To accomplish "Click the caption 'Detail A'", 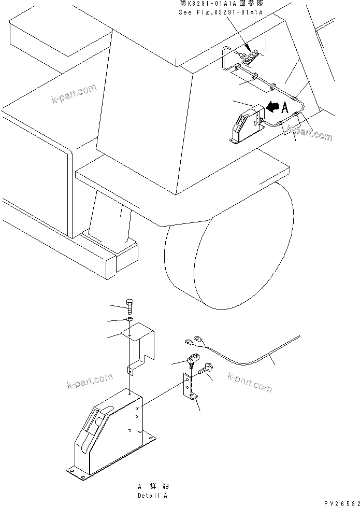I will (152, 496).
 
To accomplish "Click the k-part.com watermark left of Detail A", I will (89, 381).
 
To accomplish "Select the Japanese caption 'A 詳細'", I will (152, 487).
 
